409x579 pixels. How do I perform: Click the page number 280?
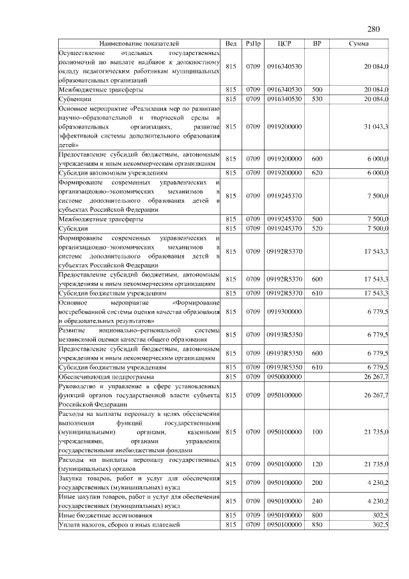point(374,29)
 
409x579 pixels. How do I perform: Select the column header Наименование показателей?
point(140,44)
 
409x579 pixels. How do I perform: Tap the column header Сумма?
point(358,44)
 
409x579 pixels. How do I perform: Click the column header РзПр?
point(254,44)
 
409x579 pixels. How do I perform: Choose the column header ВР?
point(316,44)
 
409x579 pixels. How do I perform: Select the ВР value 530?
point(316,100)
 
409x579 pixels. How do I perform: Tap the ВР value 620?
point(316,173)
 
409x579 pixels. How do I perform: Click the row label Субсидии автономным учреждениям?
point(113,173)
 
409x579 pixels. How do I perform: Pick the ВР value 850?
point(316,525)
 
